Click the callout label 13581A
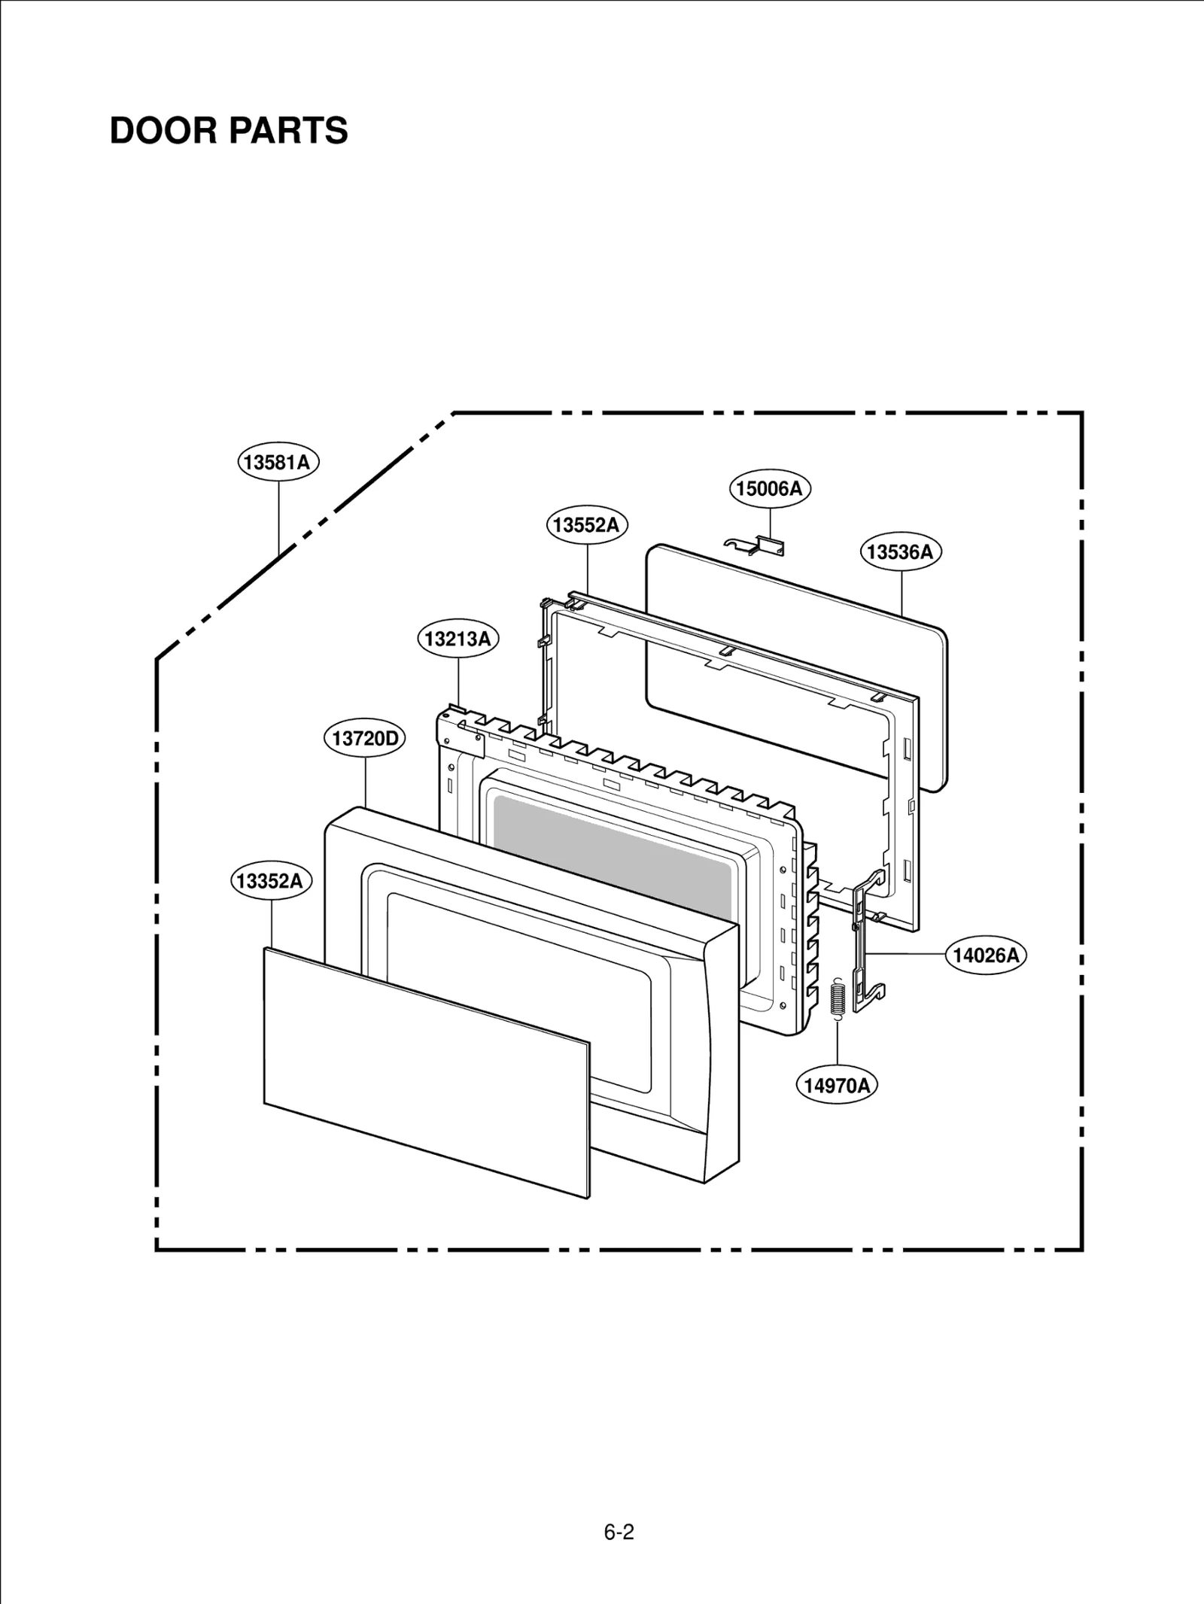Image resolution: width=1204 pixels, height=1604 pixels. click(278, 462)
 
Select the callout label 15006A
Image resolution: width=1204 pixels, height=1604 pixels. click(769, 488)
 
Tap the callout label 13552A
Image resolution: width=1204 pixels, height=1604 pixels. click(587, 524)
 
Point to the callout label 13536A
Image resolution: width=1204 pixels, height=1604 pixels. click(900, 551)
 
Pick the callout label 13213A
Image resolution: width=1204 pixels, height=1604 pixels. click(458, 639)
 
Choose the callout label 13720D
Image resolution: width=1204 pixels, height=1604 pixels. click(365, 738)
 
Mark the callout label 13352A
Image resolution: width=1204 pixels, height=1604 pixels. click(270, 880)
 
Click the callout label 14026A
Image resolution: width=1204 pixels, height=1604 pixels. click(986, 955)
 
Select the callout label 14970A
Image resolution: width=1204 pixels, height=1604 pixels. click(837, 1085)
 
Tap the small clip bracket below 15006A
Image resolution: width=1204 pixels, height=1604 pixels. click(756, 545)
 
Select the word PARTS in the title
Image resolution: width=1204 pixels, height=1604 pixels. click(289, 131)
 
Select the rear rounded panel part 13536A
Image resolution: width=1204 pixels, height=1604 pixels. click(798, 655)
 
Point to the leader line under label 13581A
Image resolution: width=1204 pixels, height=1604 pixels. click(278, 519)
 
